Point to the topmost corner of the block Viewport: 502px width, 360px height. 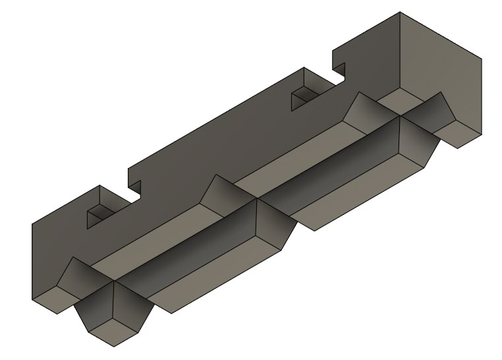400,12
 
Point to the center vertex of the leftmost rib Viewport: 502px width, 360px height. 113,282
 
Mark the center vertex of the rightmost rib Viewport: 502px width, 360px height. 400,117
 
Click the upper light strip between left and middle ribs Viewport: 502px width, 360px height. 152,241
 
